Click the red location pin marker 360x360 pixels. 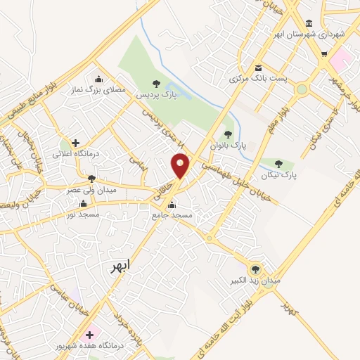coord(180,165)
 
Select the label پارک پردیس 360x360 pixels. coord(153,94)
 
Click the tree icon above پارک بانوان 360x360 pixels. coord(227,134)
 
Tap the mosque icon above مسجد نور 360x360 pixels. coord(83,204)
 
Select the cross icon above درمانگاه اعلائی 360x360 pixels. coord(75,143)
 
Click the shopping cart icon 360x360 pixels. coord(323,53)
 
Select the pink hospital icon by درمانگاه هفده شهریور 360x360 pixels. coord(89,335)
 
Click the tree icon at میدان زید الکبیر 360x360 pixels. coord(255,268)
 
